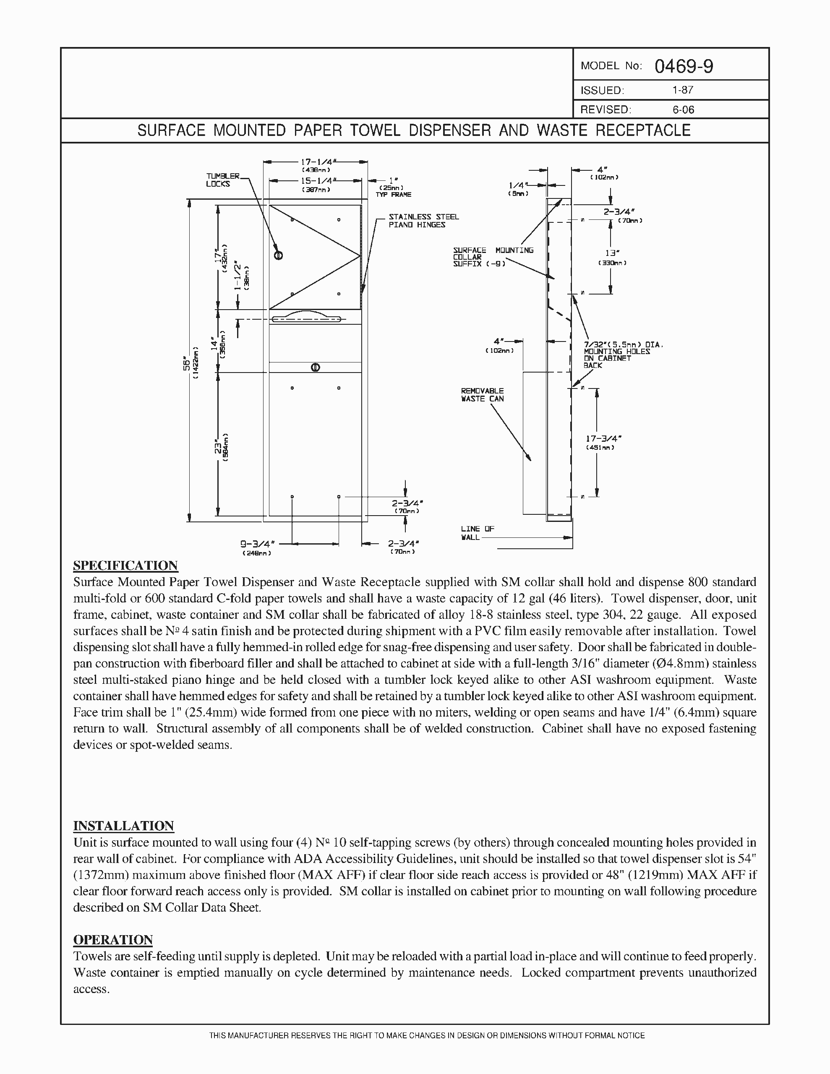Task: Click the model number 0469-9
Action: click(x=684, y=66)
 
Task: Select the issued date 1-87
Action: click(x=683, y=90)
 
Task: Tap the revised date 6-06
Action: click(x=684, y=109)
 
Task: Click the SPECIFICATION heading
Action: click(x=125, y=566)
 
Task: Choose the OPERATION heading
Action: click(x=113, y=940)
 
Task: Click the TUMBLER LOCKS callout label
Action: click(x=223, y=180)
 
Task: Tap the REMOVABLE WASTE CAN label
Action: click(x=482, y=395)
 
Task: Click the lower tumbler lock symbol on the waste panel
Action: click(x=316, y=368)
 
